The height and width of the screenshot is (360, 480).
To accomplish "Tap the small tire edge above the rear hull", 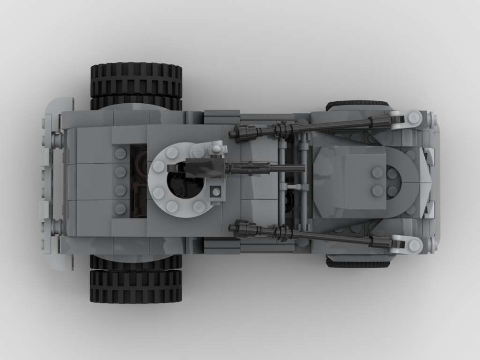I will click(357, 105).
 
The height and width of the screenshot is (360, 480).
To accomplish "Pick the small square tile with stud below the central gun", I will click(216, 191).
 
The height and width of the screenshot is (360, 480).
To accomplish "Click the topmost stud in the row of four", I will click(120, 154).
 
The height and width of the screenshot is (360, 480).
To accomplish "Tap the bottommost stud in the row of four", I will click(120, 208).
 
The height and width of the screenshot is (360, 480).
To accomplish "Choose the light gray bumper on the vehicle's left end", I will click(53, 182).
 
